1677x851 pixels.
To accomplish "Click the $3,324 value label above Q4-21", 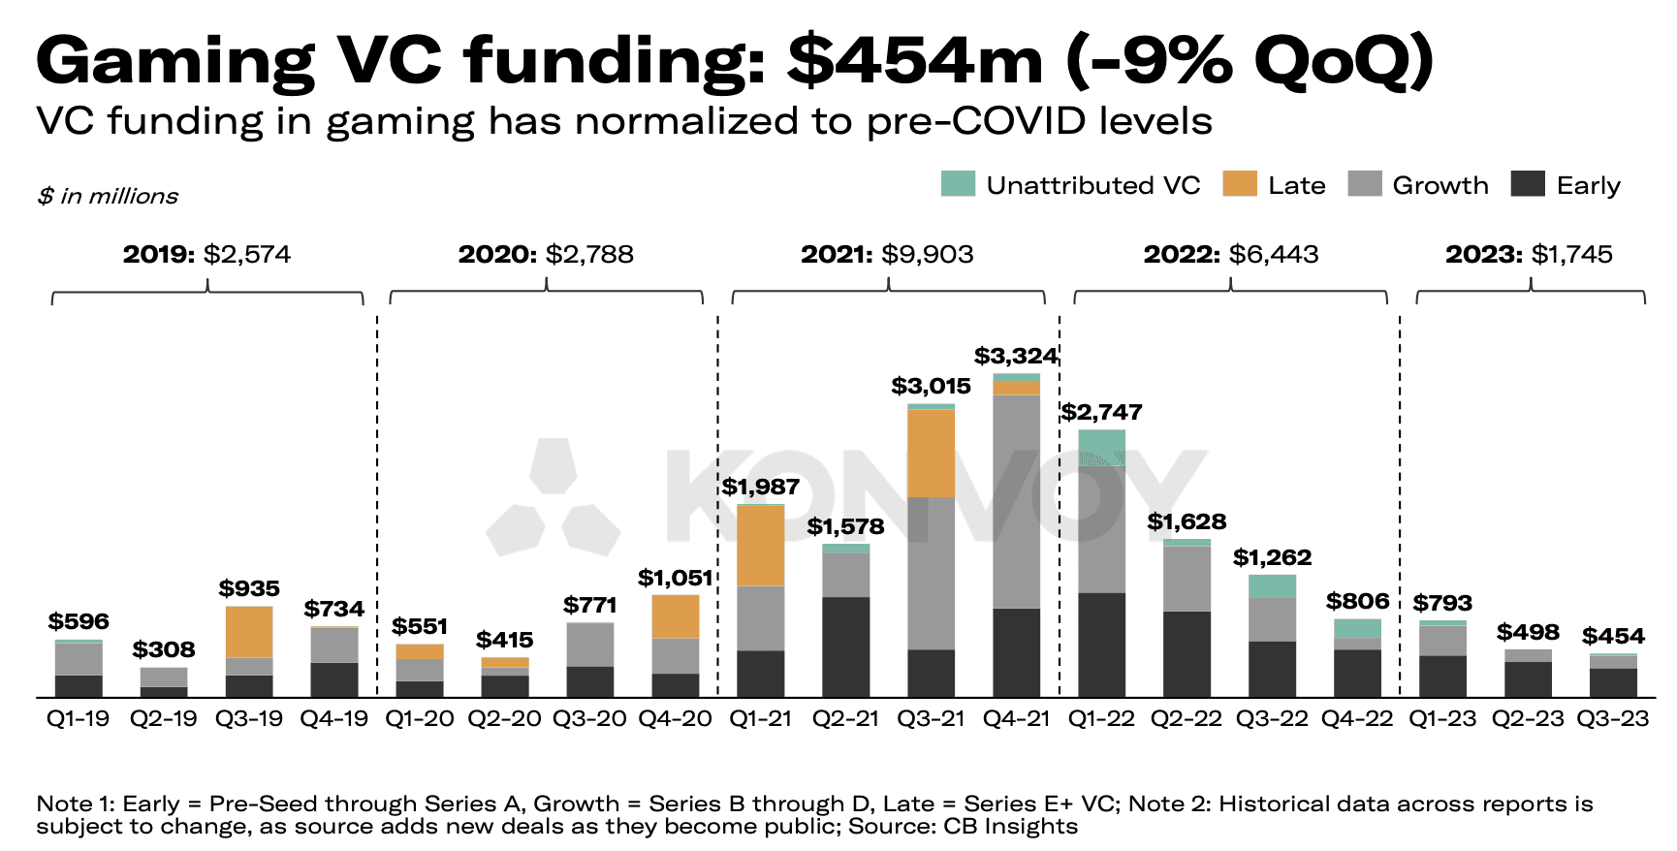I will (1016, 356).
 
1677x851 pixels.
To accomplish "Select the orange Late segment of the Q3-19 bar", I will (249, 632).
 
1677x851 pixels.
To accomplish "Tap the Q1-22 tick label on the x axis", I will (1101, 719).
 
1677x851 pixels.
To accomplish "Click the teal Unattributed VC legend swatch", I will (958, 184).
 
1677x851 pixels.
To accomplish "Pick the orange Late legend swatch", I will (1240, 184).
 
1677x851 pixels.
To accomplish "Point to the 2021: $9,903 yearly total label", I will (887, 254).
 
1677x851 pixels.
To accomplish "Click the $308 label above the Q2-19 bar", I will (164, 649).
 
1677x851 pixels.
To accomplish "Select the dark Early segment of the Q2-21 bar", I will (846, 646).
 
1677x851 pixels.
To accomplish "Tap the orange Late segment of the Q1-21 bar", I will (761, 546).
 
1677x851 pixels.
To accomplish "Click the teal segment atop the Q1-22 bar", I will (1102, 448).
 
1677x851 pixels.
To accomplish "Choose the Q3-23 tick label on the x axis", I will (1613, 719).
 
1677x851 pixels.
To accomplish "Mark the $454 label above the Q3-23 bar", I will (1613, 636).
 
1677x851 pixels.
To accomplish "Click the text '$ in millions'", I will (108, 196).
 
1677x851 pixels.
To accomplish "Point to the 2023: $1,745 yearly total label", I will (1529, 254).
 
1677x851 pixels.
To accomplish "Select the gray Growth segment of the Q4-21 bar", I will (1017, 501).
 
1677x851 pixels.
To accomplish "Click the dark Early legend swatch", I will (1528, 184).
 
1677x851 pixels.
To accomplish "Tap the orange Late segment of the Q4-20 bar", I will (676, 616).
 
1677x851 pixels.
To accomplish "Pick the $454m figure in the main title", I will (915, 60).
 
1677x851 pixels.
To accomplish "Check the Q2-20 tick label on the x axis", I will (505, 719).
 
